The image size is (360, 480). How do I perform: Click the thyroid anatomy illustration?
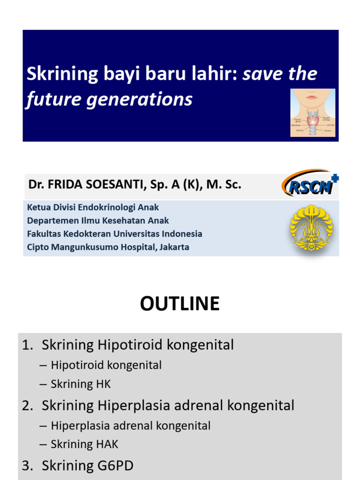point(312,112)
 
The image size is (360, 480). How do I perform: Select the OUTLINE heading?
point(180,304)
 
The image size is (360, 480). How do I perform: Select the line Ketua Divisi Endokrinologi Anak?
point(93,207)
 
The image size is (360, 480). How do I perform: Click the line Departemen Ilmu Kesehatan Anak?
point(98,220)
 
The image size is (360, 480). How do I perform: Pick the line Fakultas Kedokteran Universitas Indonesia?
point(114,233)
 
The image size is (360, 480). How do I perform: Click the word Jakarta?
point(173,247)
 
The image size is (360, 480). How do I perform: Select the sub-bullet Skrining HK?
point(81,384)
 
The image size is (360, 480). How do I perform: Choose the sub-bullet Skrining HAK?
point(84,444)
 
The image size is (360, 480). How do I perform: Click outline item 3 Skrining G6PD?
point(87,465)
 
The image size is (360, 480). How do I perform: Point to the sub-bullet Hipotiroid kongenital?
point(106,365)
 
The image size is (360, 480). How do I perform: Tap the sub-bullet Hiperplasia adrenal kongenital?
point(130,426)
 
